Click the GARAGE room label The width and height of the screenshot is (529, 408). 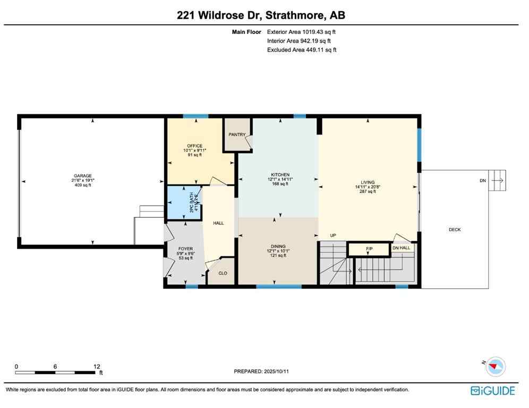[83, 176]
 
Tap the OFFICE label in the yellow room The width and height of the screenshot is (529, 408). [194, 146]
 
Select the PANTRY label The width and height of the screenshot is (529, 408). [237, 134]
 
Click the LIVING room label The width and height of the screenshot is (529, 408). [368, 182]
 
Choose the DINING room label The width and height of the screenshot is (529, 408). [278, 246]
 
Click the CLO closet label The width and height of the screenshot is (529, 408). [223, 273]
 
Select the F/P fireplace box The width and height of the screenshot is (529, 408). [369, 249]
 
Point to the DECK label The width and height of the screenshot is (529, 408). [455, 229]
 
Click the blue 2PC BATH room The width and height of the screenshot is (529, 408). [183, 202]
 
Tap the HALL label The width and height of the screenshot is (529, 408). [218, 223]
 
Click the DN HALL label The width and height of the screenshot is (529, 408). [401, 248]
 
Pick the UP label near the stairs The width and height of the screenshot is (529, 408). [333, 235]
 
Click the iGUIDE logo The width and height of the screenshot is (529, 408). [493, 391]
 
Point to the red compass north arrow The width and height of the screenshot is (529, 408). [496, 367]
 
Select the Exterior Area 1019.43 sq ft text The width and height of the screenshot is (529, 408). [301, 32]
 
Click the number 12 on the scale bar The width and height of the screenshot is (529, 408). [96, 367]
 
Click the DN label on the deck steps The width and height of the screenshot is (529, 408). [482, 181]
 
